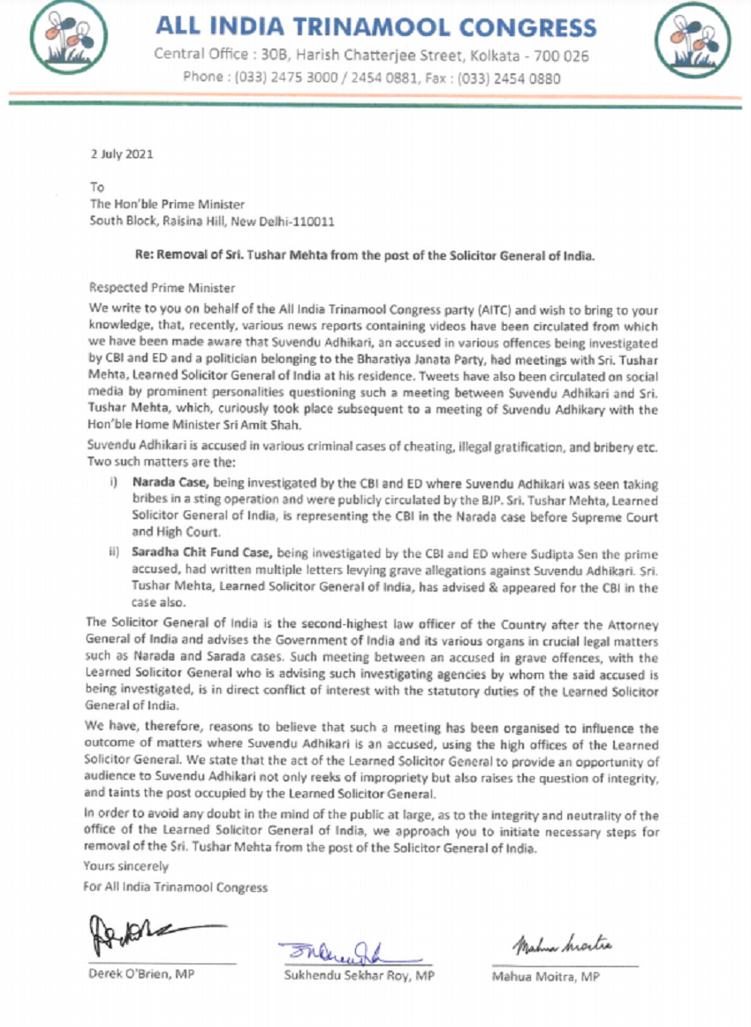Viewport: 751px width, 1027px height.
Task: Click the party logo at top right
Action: point(693,41)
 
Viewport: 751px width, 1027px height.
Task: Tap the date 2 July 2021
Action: point(122,153)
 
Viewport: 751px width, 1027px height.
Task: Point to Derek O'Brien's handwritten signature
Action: point(146,931)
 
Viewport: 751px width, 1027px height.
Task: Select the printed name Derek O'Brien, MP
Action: point(141,975)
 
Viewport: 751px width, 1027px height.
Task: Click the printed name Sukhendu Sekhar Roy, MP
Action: point(359,976)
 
